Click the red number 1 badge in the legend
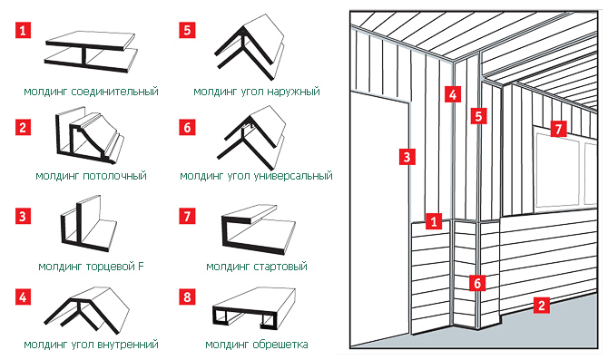(23, 30)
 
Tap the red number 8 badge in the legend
(187, 297)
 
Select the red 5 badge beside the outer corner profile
(187, 30)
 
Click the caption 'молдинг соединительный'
(91, 92)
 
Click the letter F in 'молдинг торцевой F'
(141, 267)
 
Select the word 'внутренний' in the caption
(128, 344)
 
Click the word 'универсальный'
(293, 176)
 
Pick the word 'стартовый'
(280, 267)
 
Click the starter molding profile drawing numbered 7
(259, 229)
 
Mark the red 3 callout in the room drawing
(407, 157)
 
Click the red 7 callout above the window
(558, 129)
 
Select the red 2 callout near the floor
(542, 305)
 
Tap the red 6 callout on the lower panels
(477, 283)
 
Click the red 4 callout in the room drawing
(453, 94)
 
